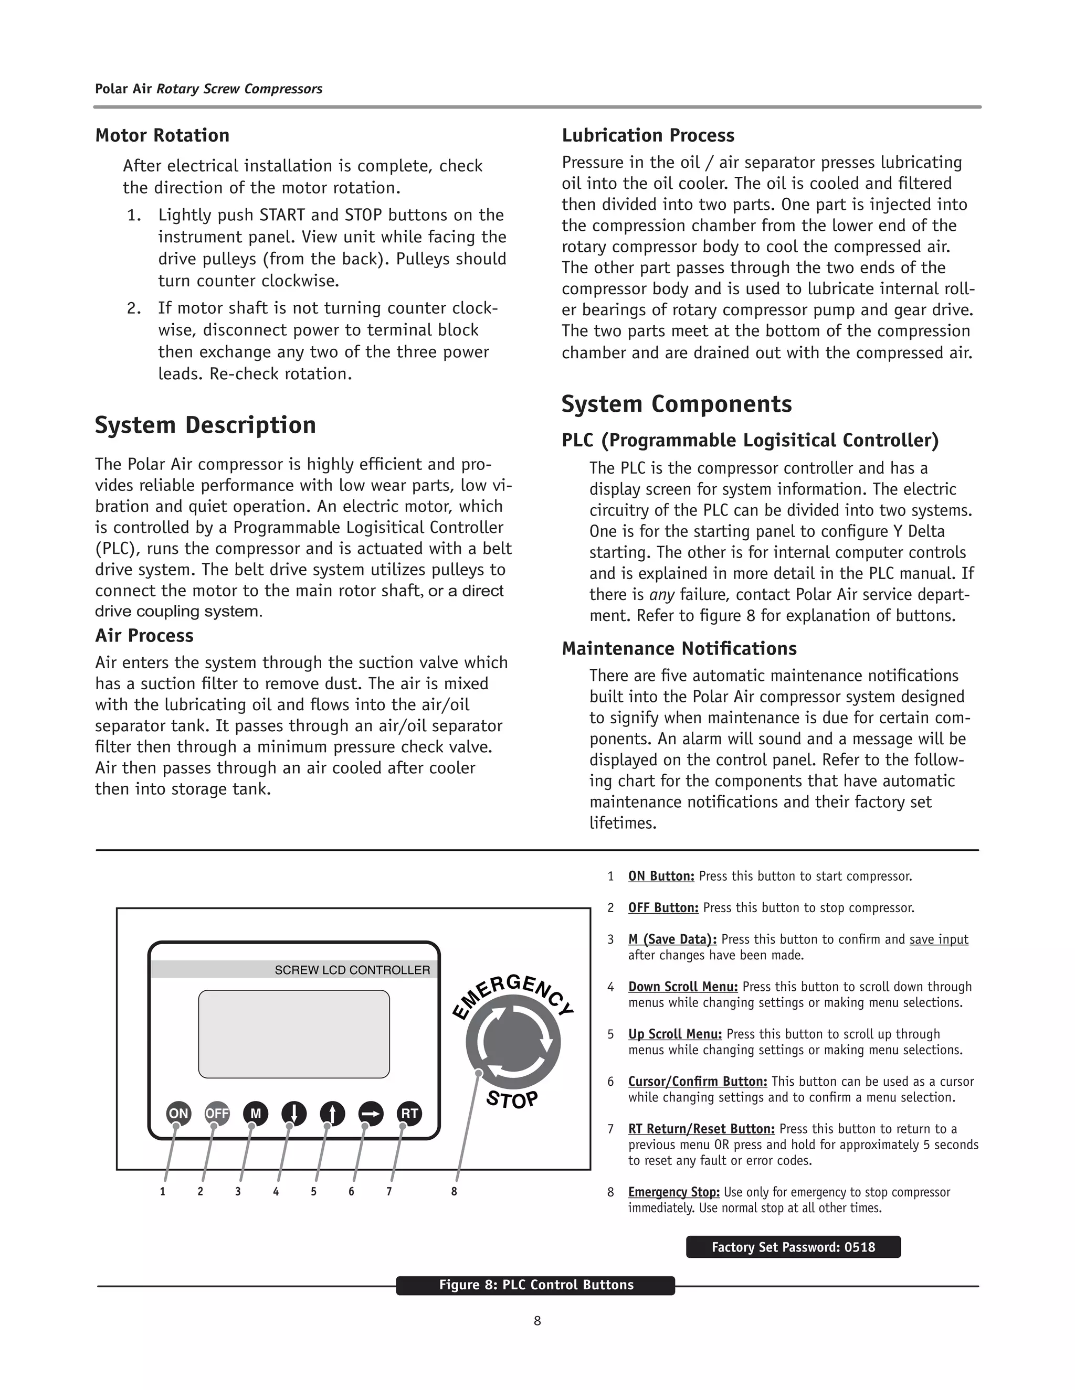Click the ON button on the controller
coord(178,1113)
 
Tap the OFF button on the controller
coord(217,1113)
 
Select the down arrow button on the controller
coord(293,1113)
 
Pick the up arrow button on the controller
coord(332,1113)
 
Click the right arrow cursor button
coord(371,1113)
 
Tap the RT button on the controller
coord(409,1113)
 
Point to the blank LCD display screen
coord(293,1034)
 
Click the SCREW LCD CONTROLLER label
coord(352,970)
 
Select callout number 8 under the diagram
coord(454,1191)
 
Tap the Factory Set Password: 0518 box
coord(793,1247)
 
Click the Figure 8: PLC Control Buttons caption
coord(535,1285)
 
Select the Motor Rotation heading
coord(162,135)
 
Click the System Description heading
coord(205,424)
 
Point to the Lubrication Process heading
coord(648,135)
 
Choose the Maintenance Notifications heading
coord(679,648)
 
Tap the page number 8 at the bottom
coord(537,1321)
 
